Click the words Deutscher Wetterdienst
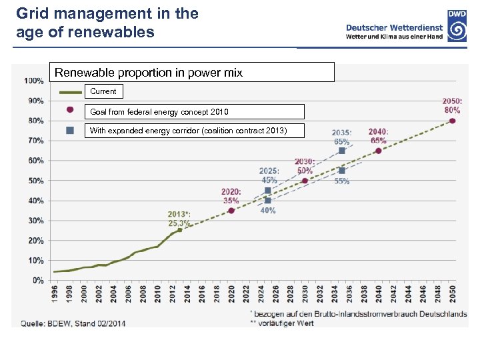(395, 27)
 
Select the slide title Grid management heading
(107, 22)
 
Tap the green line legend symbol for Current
(70, 91)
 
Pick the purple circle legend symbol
(70, 111)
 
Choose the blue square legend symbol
(70, 130)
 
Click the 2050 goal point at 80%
(453, 121)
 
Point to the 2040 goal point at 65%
(379, 151)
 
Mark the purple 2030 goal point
(305, 181)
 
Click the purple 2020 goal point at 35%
(231, 211)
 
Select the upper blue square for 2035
(342, 151)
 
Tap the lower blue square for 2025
(268, 200)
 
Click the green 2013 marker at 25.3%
(179, 229)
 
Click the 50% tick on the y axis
(36, 181)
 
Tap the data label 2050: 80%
(451, 105)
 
